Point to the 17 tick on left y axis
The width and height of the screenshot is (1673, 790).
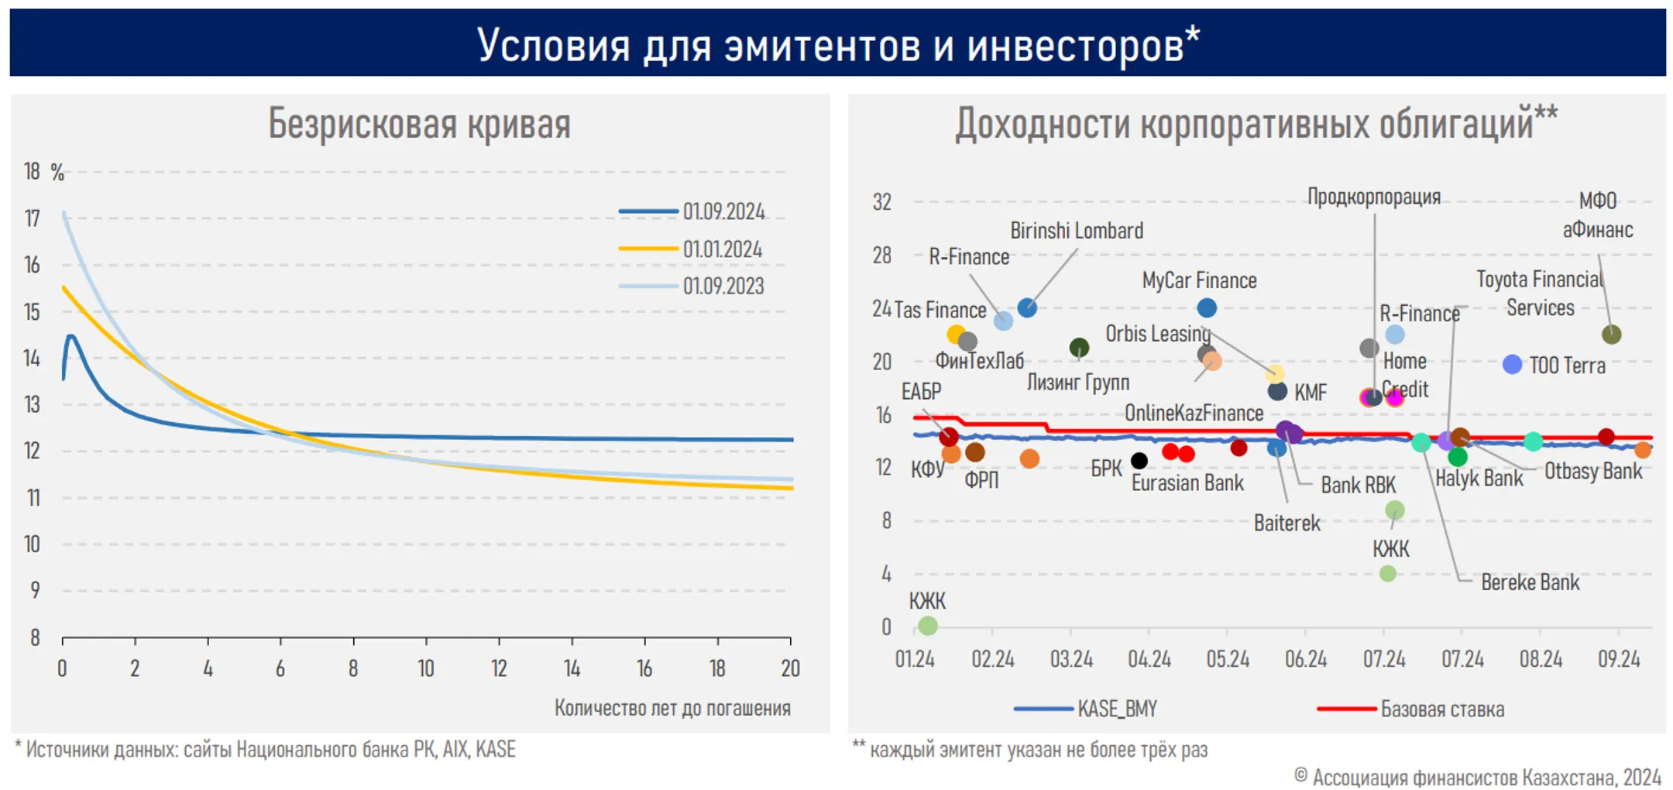click(32, 218)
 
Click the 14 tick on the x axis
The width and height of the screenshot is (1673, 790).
click(572, 668)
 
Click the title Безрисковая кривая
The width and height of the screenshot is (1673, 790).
click(419, 124)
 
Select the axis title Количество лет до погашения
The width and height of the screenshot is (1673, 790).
click(672, 708)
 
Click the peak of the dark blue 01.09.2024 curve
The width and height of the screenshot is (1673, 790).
click(71, 336)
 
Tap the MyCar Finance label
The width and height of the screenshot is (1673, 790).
click(1199, 280)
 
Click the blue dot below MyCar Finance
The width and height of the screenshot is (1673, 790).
click(1207, 307)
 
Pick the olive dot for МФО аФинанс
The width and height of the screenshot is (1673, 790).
click(1611, 335)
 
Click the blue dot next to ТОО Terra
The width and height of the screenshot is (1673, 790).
click(1512, 364)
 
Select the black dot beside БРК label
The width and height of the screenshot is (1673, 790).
click(1139, 461)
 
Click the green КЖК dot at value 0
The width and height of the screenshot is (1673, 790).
click(928, 626)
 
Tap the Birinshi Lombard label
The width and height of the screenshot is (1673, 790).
click(1076, 231)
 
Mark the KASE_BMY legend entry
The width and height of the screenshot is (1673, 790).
click(1116, 709)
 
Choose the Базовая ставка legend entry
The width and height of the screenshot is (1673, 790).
click(1441, 709)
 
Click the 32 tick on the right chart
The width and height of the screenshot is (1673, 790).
click(882, 202)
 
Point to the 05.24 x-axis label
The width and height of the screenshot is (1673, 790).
click(1228, 659)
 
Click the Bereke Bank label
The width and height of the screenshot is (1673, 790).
click(1530, 582)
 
